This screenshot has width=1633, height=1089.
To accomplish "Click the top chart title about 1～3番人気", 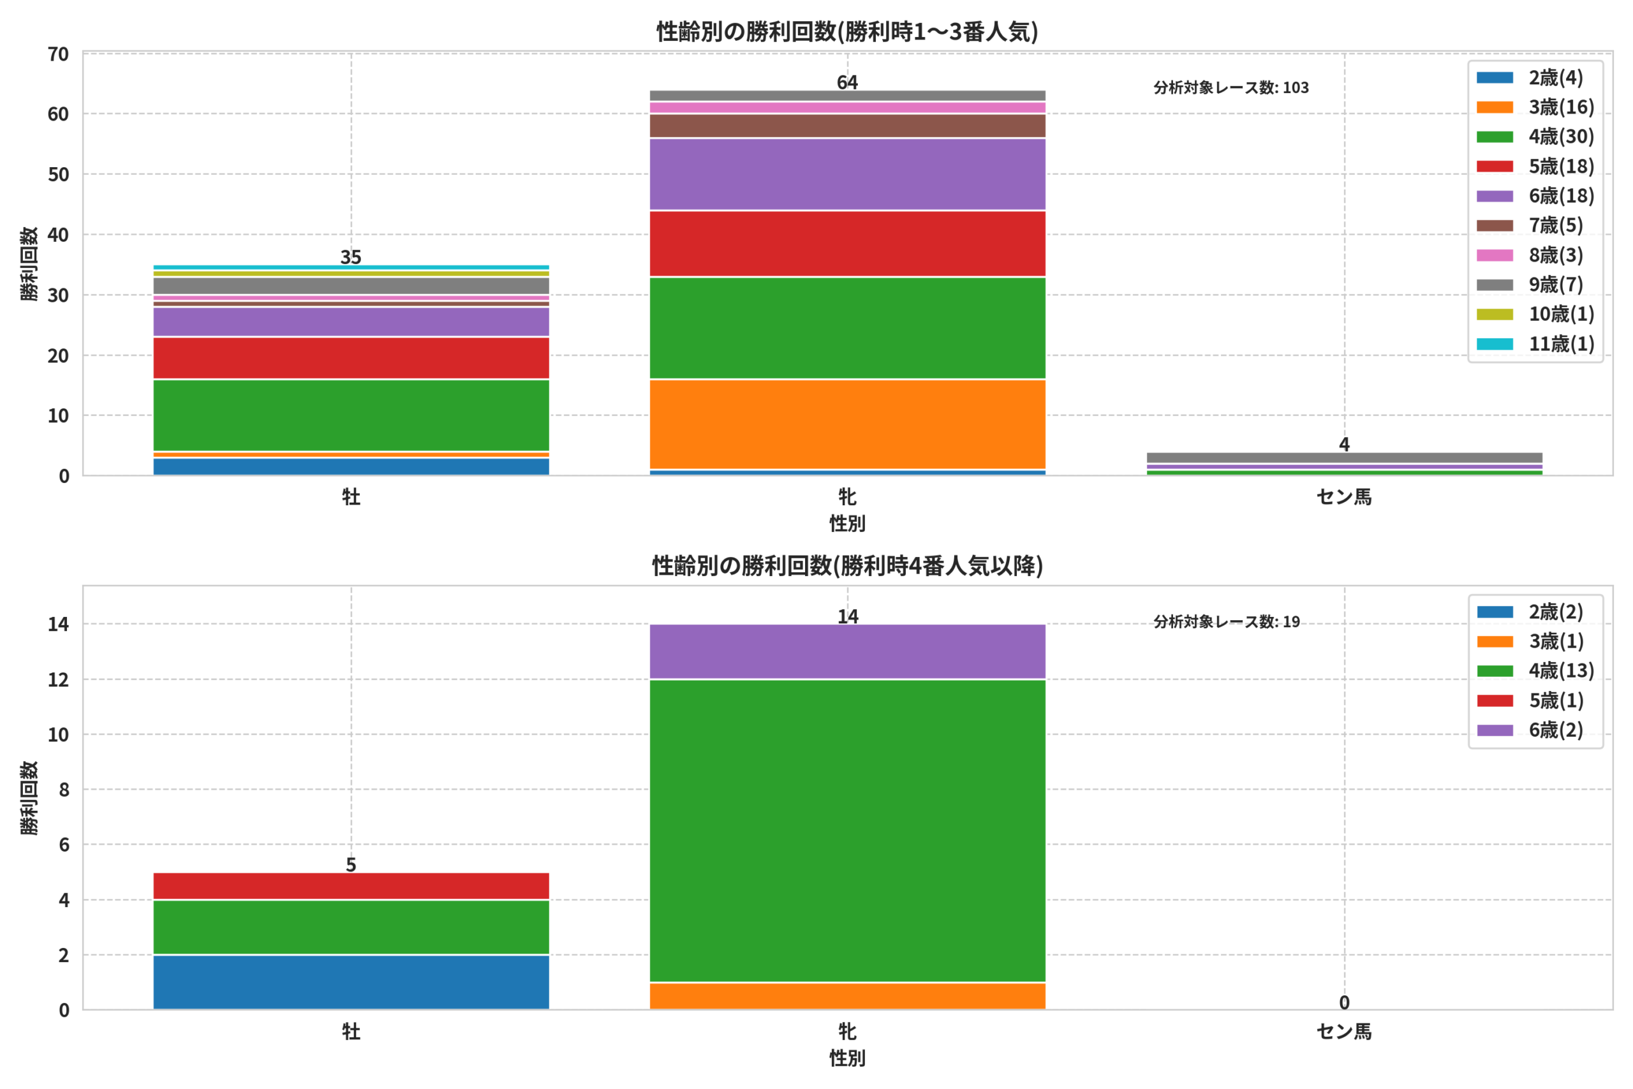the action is click(847, 32).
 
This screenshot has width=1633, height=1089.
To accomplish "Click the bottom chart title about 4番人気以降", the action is click(847, 566).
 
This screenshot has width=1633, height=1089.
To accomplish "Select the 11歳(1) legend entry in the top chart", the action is click(1535, 344).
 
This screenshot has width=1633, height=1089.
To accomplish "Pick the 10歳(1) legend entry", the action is click(1535, 314).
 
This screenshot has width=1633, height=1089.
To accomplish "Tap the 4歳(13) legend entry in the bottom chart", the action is click(1535, 671).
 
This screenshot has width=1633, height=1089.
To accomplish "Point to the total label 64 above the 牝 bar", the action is click(847, 83).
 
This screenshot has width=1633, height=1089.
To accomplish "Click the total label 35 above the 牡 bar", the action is click(351, 257).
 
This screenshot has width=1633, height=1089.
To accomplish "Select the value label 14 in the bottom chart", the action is click(847, 617).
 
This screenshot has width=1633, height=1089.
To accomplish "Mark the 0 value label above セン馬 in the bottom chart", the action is click(1344, 1003).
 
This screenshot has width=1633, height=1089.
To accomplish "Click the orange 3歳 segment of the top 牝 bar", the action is click(847, 424).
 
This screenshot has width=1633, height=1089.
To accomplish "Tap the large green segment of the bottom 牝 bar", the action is click(847, 831).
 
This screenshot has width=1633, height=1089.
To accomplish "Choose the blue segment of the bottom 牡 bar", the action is click(351, 982).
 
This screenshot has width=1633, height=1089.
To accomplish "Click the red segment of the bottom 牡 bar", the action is click(351, 886).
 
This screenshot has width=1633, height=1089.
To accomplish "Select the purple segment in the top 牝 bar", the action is click(847, 174).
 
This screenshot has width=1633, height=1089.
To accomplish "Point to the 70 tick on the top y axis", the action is click(58, 54).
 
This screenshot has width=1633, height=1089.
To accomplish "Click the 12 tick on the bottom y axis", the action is click(58, 680).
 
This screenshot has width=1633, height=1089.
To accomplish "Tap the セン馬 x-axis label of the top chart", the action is click(1344, 497).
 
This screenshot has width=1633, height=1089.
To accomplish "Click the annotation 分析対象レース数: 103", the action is click(1231, 87).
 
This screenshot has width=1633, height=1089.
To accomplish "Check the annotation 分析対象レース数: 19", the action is click(1227, 621).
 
